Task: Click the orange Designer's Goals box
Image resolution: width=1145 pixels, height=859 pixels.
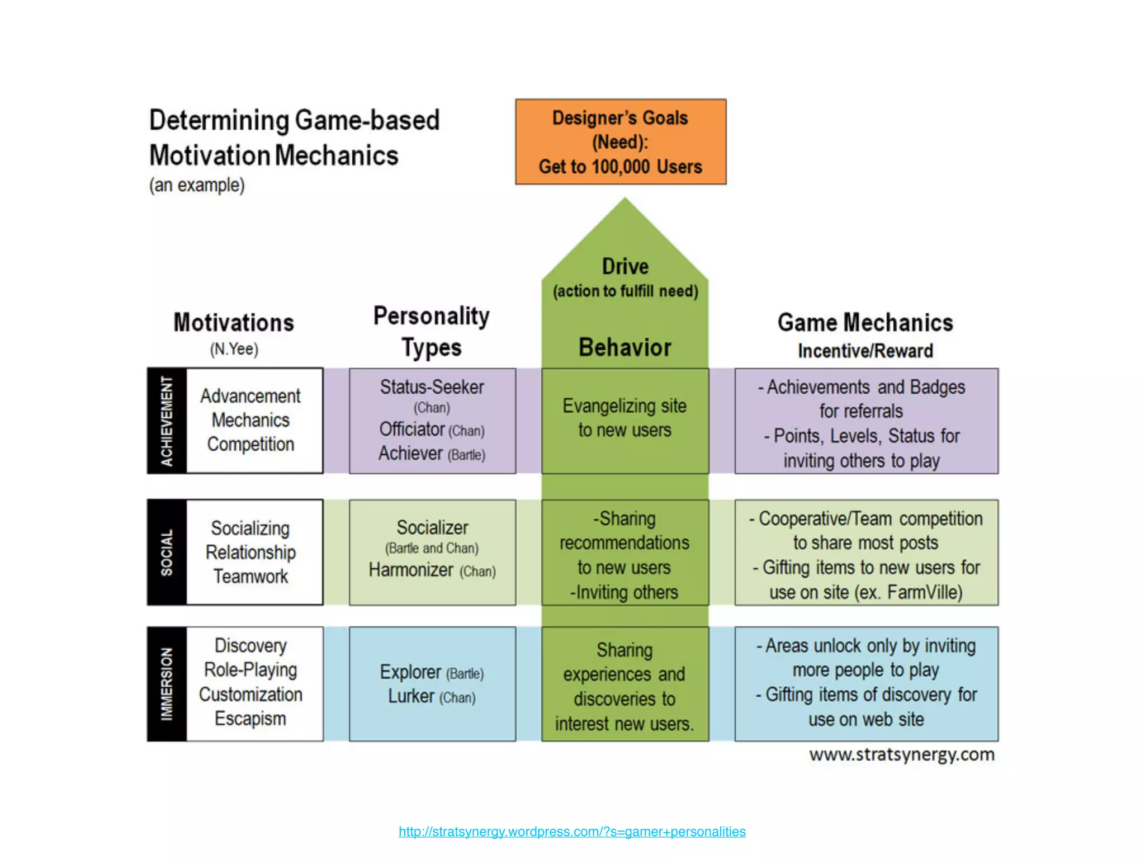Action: (x=621, y=141)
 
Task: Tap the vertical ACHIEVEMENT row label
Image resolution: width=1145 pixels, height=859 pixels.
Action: (x=167, y=421)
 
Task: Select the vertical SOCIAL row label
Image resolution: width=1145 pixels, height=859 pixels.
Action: (x=167, y=553)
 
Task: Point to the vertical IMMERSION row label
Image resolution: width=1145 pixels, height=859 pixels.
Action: (x=167, y=684)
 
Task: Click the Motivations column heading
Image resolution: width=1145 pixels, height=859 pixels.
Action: (x=234, y=323)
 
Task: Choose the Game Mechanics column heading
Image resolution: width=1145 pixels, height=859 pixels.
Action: (x=865, y=323)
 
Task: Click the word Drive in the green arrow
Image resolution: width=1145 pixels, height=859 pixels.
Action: (x=625, y=266)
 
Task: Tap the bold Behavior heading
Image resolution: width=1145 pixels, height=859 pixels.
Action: (x=624, y=347)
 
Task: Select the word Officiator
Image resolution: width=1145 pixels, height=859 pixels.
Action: (x=411, y=429)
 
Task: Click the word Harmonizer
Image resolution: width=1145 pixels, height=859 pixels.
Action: (x=411, y=570)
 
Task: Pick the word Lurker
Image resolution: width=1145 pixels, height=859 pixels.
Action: (x=411, y=696)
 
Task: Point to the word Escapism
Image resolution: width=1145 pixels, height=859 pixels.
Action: (x=250, y=719)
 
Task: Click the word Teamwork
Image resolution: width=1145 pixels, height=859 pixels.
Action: (x=250, y=577)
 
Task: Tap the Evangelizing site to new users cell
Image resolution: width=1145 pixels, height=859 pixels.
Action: (x=624, y=418)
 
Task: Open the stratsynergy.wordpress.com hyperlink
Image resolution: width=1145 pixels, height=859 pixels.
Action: (x=572, y=832)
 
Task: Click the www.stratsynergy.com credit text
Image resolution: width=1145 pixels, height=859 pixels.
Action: (x=902, y=754)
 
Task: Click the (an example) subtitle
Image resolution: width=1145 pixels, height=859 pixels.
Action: (x=197, y=185)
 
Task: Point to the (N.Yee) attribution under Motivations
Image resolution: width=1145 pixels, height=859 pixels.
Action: (x=234, y=350)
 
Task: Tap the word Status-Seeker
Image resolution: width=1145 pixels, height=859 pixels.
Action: (x=432, y=387)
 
